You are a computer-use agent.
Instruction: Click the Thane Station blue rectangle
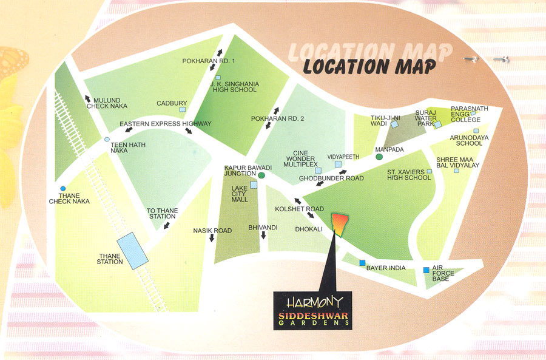click(x=132, y=250)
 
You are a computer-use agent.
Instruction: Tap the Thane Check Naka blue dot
click(x=63, y=188)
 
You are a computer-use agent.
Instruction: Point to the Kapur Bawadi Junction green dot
click(x=261, y=175)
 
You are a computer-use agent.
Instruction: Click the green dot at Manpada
click(x=379, y=157)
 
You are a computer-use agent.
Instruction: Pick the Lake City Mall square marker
click(x=254, y=185)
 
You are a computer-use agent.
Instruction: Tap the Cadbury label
click(x=172, y=103)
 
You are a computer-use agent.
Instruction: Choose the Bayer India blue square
click(x=363, y=263)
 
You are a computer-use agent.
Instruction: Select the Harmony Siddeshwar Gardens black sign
click(x=312, y=310)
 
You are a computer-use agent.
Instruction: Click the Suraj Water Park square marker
click(x=437, y=125)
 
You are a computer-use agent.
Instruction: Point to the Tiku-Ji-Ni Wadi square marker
click(x=394, y=124)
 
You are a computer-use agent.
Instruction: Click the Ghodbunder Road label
click(x=331, y=178)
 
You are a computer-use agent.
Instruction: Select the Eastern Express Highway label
click(x=166, y=124)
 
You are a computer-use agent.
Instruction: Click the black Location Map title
click(x=369, y=66)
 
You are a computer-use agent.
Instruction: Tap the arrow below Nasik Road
click(x=212, y=239)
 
